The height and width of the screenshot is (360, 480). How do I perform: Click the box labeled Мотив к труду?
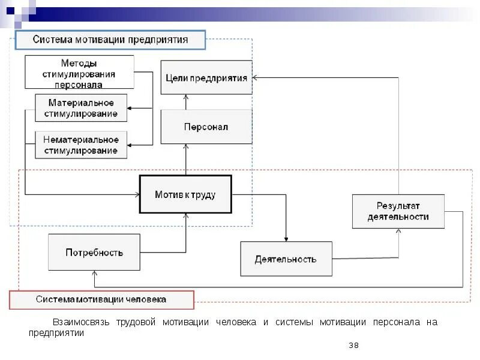[x=185, y=194]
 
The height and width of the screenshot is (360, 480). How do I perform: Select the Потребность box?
[x=94, y=252]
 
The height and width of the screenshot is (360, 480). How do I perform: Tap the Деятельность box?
[x=286, y=259]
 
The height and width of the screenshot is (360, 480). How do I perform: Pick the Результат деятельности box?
[x=398, y=211]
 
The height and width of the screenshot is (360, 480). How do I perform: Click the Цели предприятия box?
[x=206, y=78]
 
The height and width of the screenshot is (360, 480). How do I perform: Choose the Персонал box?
[x=206, y=127]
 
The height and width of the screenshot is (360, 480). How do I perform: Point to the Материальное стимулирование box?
[x=81, y=108]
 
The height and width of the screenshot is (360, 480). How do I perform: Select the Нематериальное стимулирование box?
[x=81, y=145]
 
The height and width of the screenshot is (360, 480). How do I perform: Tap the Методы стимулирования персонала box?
[x=79, y=72]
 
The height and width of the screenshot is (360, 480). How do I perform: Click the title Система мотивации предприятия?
[x=110, y=40]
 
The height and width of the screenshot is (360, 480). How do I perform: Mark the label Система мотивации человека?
[x=101, y=299]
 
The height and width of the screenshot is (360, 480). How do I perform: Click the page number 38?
[x=353, y=345]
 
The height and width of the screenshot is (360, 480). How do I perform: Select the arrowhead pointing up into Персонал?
[x=187, y=146]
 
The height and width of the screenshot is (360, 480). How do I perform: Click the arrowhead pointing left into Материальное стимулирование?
[x=131, y=108]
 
